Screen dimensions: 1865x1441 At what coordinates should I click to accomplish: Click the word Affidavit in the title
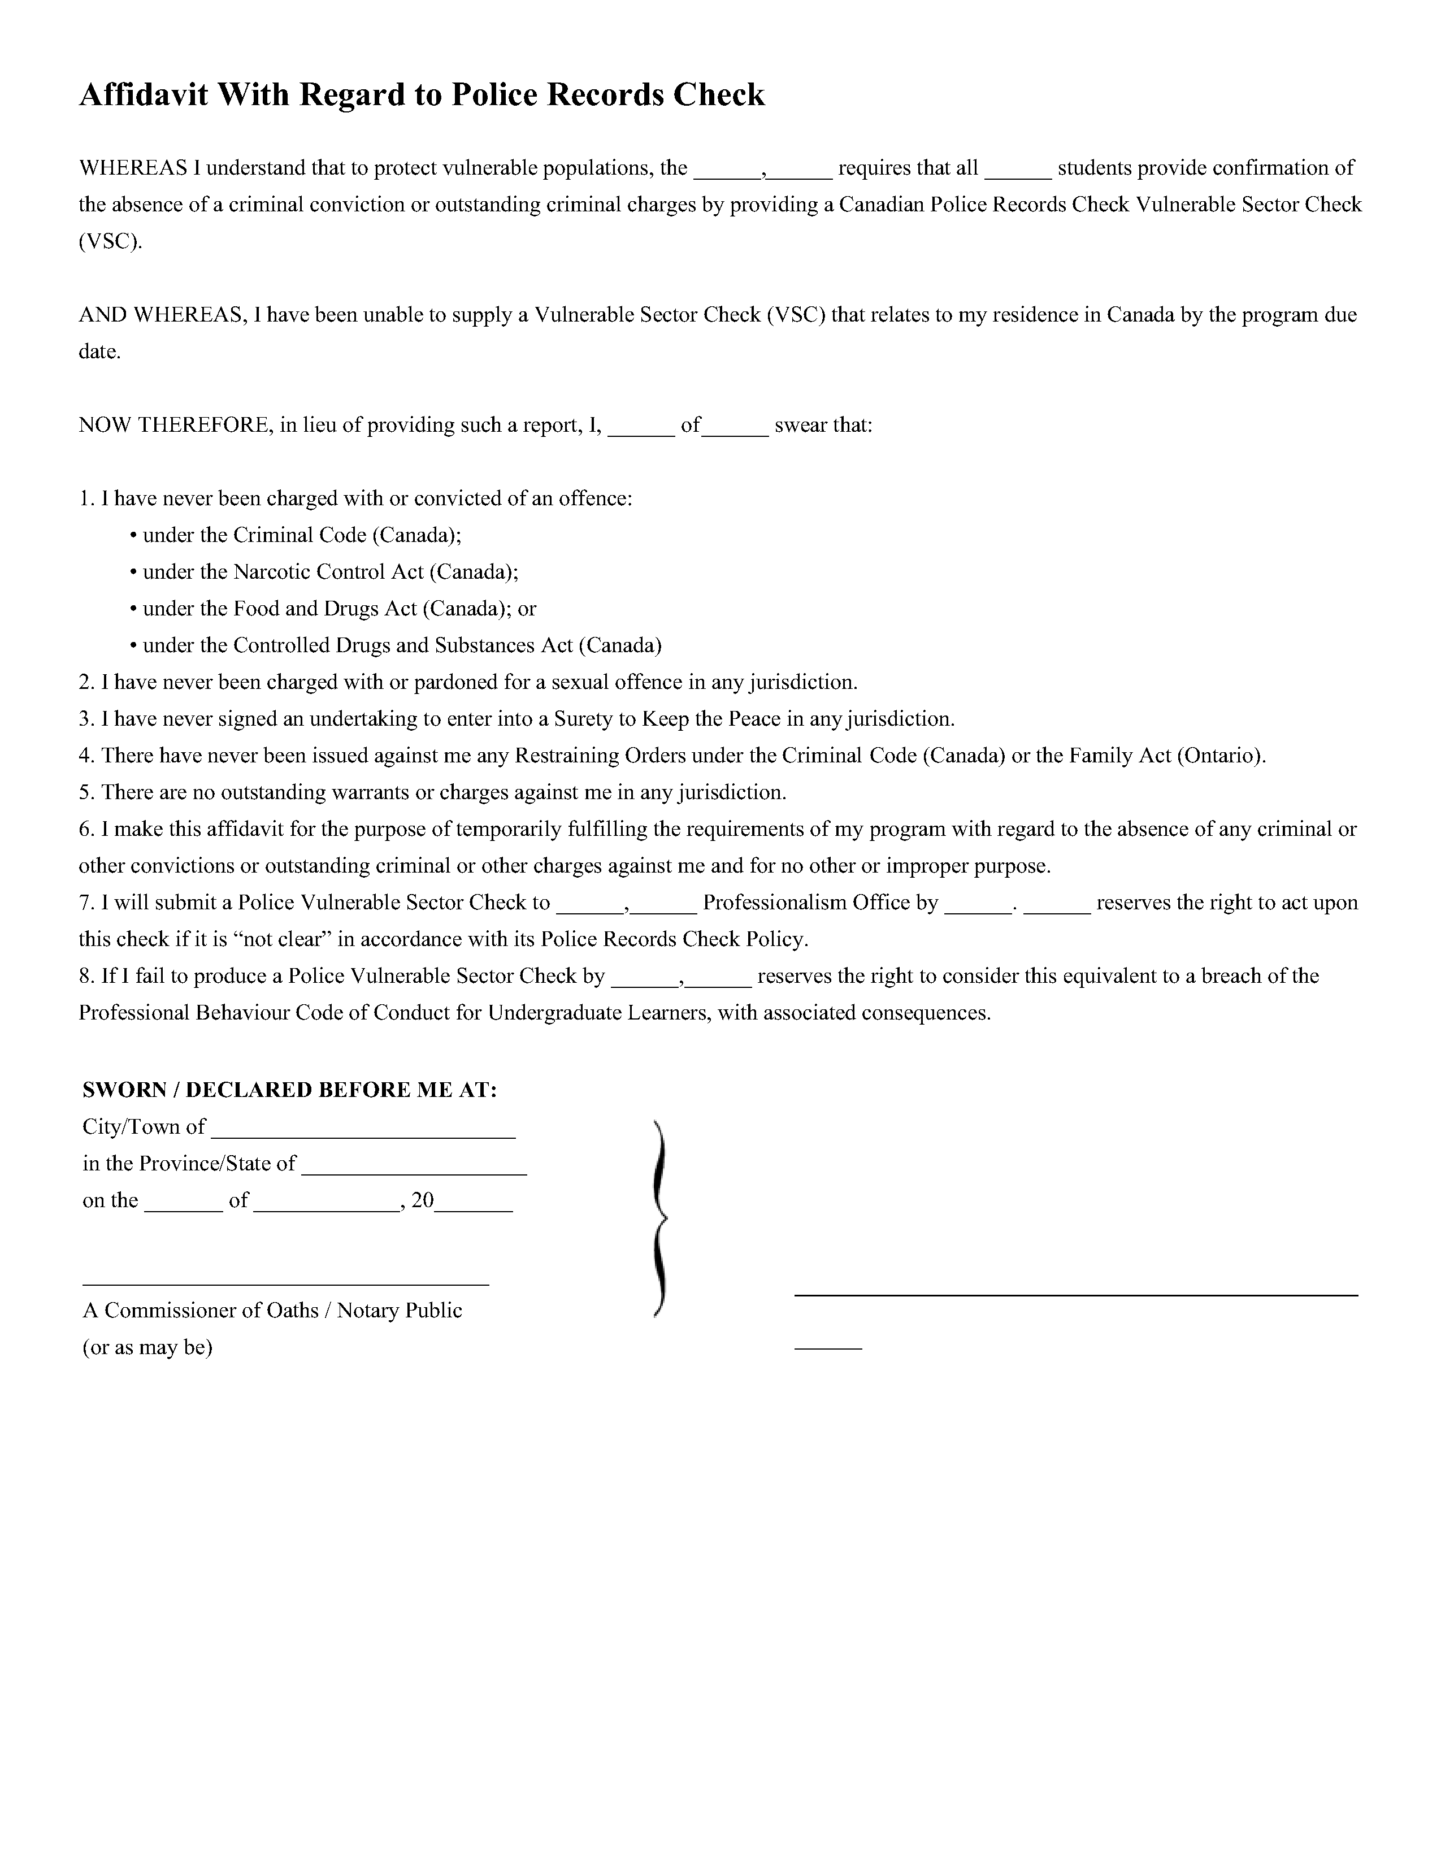[x=144, y=95]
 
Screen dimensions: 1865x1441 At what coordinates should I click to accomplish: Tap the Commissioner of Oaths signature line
[x=285, y=1283]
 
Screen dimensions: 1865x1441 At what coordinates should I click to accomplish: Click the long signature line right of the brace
[x=1075, y=1295]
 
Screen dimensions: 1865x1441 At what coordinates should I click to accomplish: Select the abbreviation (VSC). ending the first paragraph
[x=110, y=242]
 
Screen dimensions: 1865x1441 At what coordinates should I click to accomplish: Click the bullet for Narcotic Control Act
[x=133, y=572]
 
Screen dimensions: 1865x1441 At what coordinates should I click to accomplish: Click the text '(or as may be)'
[x=147, y=1347]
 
